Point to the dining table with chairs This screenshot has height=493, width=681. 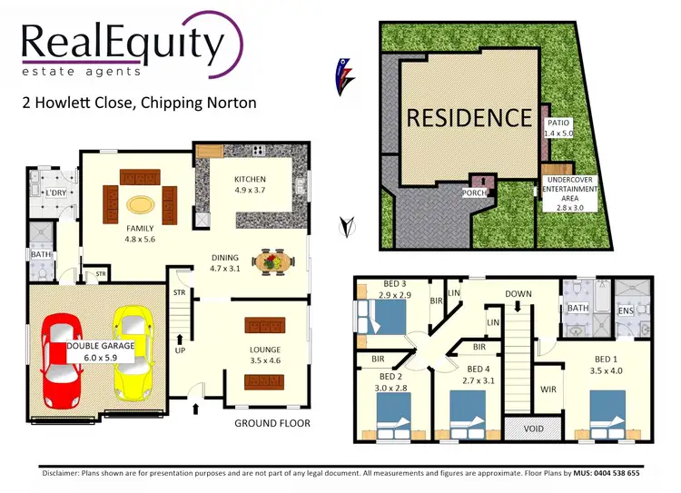click(x=272, y=262)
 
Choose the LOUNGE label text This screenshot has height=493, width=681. click(x=266, y=350)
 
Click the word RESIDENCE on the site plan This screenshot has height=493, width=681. click(x=469, y=117)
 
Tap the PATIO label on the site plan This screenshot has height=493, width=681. click(x=558, y=123)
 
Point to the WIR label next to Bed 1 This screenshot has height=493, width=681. click(x=547, y=389)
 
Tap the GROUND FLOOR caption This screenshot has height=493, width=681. click(x=272, y=423)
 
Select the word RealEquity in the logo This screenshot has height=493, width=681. click(x=121, y=43)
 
